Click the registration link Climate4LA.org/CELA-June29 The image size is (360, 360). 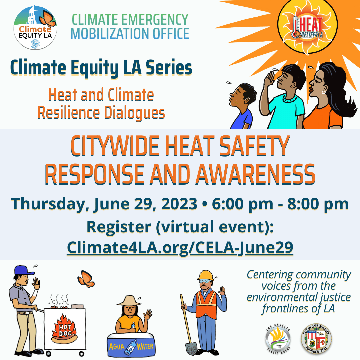point(180,247)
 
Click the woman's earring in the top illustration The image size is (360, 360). point(323,92)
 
